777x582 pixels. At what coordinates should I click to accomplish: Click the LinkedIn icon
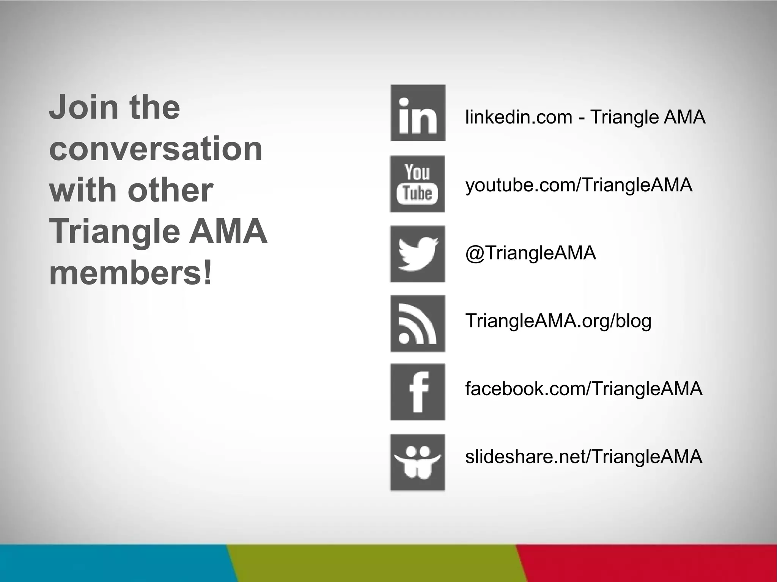(x=418, y=113)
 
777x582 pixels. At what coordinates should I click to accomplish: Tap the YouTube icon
(x=417, y=184)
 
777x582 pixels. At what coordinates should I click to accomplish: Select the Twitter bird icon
(x=417, y=254)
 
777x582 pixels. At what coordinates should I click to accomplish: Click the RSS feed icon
(x=418, y=324)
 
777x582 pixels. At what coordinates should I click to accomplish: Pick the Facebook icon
(x=417, y=392)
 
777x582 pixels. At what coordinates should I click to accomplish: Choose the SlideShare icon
(x=417, y=462)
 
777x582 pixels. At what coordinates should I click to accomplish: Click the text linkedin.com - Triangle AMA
(x=585, y=117)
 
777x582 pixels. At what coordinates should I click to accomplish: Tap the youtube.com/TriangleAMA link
(x=579, y=185)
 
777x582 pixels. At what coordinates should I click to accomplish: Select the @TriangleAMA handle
(x=530, y=253)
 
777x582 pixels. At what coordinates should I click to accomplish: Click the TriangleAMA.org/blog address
(x=558, y=321)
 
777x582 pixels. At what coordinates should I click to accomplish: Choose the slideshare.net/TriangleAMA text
(x=584, y=457)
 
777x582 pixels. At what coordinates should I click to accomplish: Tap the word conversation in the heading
(x=156, y=149)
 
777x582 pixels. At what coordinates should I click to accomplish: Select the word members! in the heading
(x=131, y=273)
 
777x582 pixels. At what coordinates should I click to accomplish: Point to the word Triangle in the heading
(x=114, y=232)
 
